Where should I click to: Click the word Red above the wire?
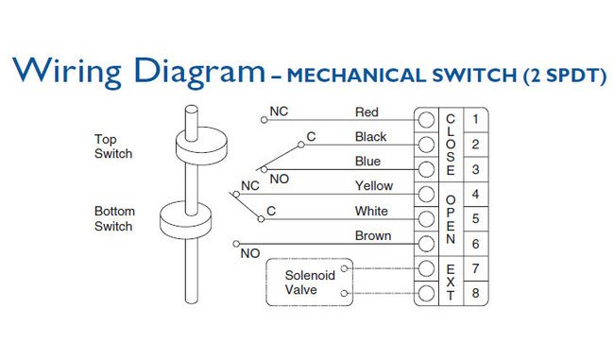(367, 112)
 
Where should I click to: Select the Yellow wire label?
(374, 186)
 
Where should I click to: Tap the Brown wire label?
(373, 236)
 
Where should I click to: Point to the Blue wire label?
(367, 162)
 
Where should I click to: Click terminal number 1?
(475, 119)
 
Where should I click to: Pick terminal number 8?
(475, 293)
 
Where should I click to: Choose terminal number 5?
(475, 218)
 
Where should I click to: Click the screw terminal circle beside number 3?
(426, 170)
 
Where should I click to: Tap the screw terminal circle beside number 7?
(426, 268)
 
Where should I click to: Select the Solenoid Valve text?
(310, 283)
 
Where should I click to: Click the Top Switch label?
(113, 146)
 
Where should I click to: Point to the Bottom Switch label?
(114, 218)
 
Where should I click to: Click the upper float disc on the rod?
(201, 146)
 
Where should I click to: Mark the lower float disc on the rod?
(186, 220)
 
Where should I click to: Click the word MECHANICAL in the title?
(354, 76)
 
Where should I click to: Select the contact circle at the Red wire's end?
(264, 120)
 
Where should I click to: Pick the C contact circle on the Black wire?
(301, 145)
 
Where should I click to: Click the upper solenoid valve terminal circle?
(344, 268)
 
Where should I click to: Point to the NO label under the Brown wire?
(250, 253)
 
